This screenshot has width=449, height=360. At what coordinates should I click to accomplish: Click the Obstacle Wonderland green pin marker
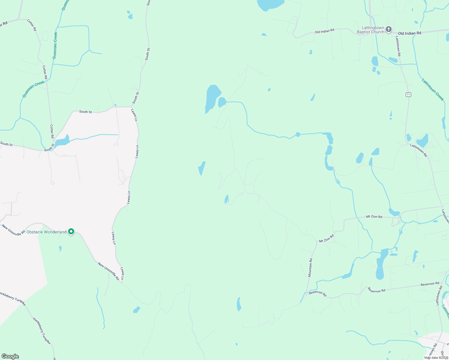pos(71,232)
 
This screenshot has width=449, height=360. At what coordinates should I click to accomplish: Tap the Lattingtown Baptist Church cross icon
pos(389,29)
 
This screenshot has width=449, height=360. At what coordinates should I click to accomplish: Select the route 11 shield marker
pos(408,94)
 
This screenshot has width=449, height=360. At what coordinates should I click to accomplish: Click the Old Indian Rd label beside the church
pos(409,33)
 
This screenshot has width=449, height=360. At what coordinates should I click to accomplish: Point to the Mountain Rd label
pos(310,268)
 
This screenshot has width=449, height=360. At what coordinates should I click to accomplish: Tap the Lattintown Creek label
pos(432,89)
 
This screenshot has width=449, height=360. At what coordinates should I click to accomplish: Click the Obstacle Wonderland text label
pos(47,232)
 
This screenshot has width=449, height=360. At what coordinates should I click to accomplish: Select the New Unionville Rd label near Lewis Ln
pos(109,271)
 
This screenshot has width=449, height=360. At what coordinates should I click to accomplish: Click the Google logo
pos(10,356)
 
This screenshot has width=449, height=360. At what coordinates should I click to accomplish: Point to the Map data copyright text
pos(436,358)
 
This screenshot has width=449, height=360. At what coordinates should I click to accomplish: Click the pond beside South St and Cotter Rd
pos(62,141)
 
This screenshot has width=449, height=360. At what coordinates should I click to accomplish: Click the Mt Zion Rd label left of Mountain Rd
pos(326,239)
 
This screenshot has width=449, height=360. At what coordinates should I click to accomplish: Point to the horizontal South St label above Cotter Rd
pos(86,112)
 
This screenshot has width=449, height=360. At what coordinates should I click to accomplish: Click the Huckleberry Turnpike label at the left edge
pos(12,297)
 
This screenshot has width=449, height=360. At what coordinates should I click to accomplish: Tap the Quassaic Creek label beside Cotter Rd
pos(33,89)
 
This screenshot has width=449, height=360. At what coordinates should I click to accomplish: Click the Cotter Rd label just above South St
pos(52,131)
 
